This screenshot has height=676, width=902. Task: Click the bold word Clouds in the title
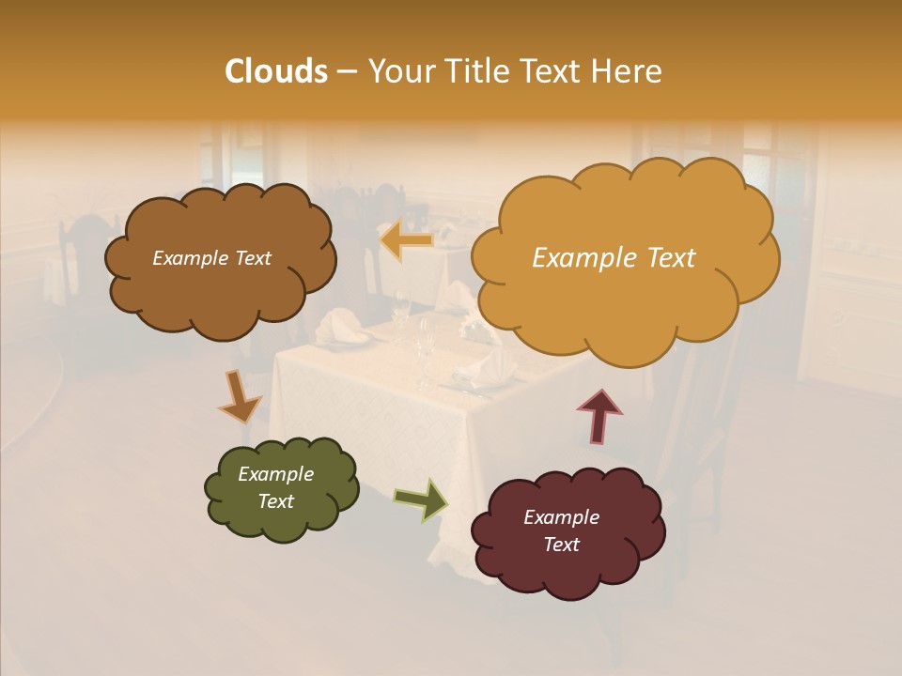[275, 71]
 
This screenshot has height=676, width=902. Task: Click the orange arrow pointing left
[407, 240]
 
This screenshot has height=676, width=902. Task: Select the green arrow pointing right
[420, 499]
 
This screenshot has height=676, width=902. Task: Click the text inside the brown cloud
[211, 258]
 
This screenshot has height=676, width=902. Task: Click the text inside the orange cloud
[614, 258]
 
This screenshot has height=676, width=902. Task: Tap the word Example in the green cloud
[275, 474]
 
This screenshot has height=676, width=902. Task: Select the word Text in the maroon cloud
[561, 545]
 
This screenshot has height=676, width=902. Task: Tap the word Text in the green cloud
[275, 501]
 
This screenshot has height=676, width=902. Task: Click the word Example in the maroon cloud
[561, 517]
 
